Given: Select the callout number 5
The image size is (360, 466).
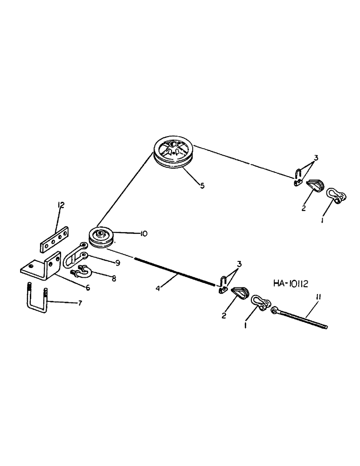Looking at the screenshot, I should click(x=202, y=185).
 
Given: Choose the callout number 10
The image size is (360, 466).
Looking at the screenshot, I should click(x=142, y=234).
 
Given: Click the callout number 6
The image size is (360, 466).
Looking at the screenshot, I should click(x=87, y=288).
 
